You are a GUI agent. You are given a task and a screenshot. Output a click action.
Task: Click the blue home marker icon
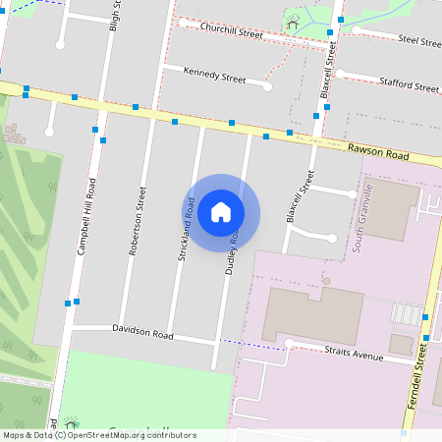coord(221,211)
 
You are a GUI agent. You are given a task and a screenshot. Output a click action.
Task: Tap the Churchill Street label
coord(232,32)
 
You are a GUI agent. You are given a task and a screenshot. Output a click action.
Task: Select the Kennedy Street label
coord(215,76)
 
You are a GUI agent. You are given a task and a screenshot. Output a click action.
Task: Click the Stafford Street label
coord(409,87)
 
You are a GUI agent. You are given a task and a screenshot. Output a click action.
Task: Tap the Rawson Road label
coord(377,152)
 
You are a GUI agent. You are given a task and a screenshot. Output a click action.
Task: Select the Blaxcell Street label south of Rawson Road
coord(299,197)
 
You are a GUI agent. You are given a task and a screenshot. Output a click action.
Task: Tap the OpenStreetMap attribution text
coord(99,435)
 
